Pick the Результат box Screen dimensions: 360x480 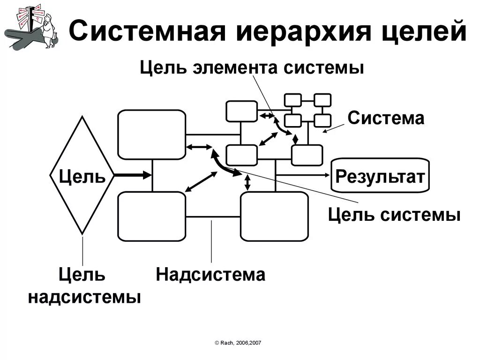pyautogui.click(x=380, y=176)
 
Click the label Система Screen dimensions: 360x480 pyautogui.click(x=386, y=118)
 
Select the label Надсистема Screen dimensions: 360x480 pyautogui.click(x=211, y=274)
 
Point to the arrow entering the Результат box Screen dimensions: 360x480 pyautogui.click(x=305, y=175)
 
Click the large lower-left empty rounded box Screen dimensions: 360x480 pyautogui.click(x=151, y=217)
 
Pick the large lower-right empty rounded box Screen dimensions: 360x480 pyautogui.click(x=274, y=217)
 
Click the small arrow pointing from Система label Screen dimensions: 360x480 pyautogui.click(x=334, y=127)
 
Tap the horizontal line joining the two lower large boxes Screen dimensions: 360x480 pyautogui.click(x=213, y=217)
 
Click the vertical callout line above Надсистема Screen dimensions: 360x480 pyautogui.click(x=212, y=241)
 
